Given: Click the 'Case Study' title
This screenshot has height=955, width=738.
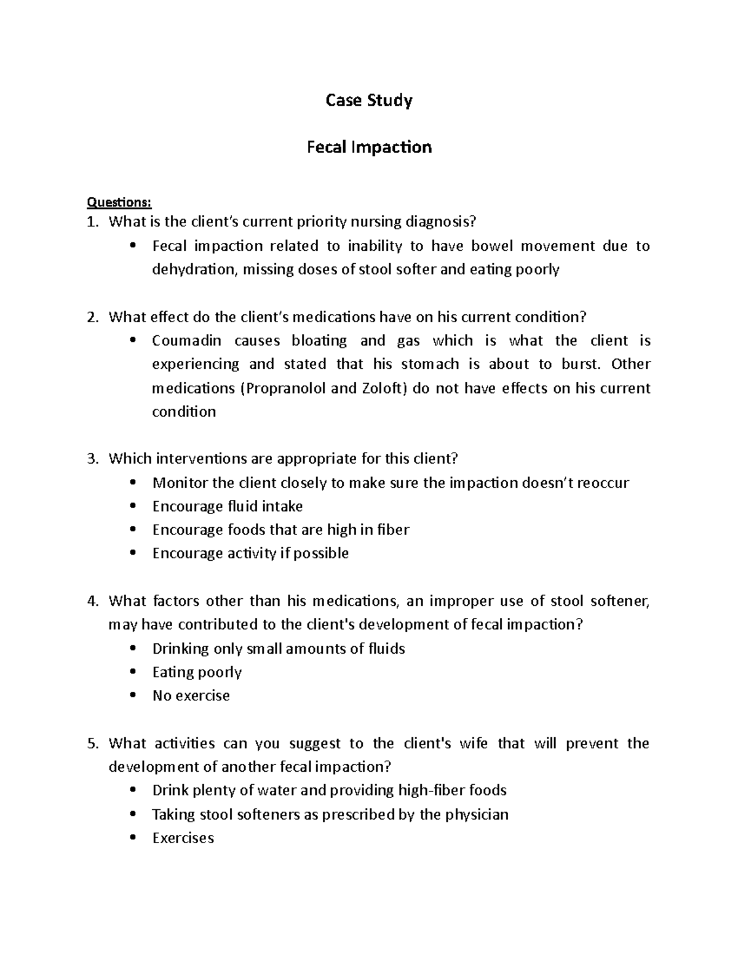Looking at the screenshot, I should tap(368, 100).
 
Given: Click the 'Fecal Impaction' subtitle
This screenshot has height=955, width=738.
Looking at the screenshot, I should tap(369, 148).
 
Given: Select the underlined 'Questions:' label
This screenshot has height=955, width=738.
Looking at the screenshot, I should tap(119, 202).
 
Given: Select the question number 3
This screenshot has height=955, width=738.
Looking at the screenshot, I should tap(92, 459).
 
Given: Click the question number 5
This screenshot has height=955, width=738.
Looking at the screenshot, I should tap(92, 743).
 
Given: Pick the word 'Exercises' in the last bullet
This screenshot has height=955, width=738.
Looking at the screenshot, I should tap(183, 838).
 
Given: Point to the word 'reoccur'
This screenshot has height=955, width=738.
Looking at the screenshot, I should tap(602, 483).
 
